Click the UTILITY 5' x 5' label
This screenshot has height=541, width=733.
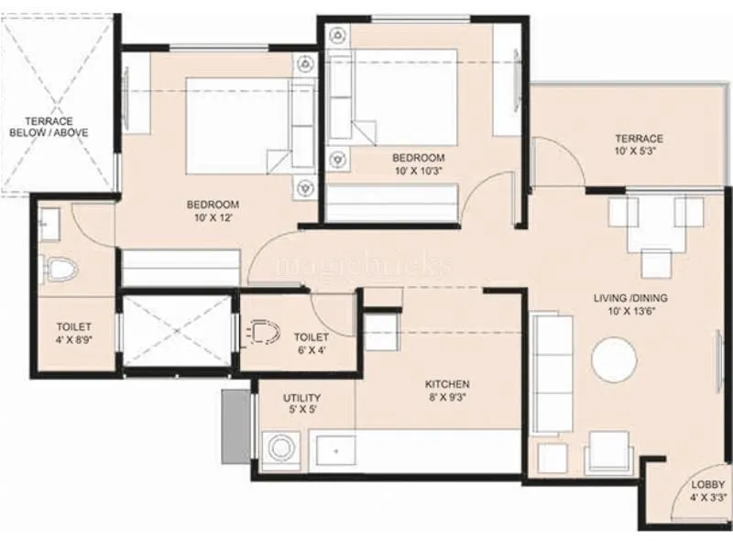point(300,403)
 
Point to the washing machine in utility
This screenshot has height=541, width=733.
point(280,449)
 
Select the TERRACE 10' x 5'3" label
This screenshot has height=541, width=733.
point(639,145)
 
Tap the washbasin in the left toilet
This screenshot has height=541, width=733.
point(48,221)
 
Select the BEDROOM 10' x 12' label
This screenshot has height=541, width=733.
point(213,209)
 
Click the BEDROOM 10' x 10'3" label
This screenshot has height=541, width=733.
point(419,163)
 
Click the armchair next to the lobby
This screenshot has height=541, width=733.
point(608,452)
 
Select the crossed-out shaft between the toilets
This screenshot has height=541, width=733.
point(179,330)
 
